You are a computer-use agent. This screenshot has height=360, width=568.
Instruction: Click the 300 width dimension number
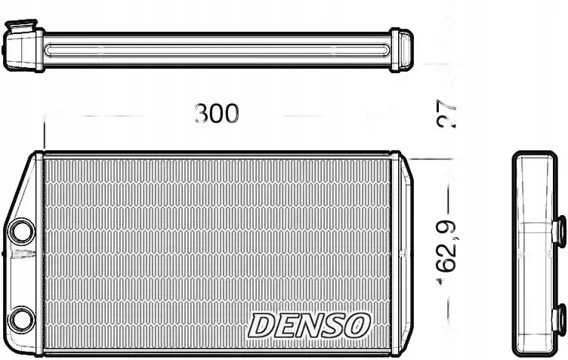click(x=217, y=114)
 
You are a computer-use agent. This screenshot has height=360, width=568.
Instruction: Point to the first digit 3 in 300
click(x=201, y=114)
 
